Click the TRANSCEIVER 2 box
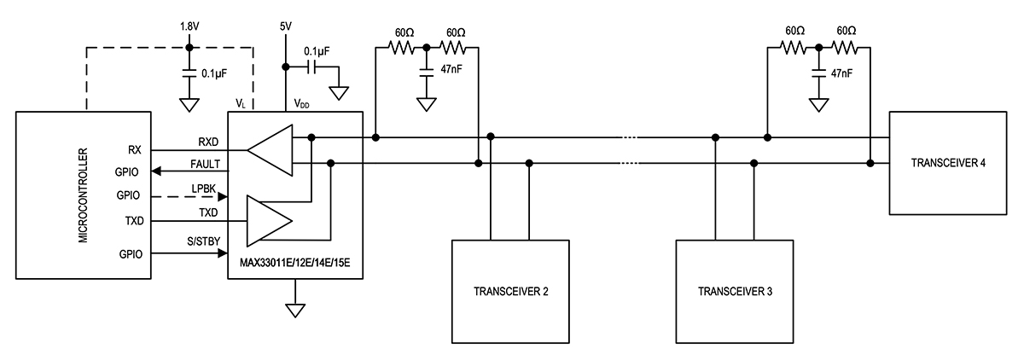[509, 291]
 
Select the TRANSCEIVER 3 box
[735, 291]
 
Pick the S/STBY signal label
[206, 242]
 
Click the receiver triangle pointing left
[269, 151]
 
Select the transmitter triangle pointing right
[267, 219]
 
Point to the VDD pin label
[303, 102]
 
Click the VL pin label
[241, 102]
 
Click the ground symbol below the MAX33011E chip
[295, 309]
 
